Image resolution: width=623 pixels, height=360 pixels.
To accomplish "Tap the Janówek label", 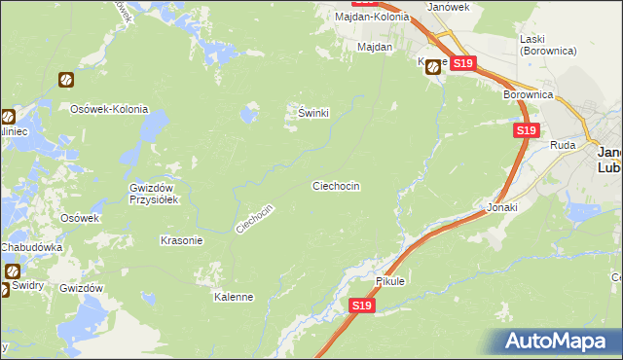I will pos(449,6).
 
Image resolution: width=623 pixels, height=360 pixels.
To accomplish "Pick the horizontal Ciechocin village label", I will pos(336,185).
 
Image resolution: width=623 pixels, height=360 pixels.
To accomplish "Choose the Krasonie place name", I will pos(181,240).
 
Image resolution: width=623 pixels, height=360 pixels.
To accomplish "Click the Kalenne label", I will pos(234,297).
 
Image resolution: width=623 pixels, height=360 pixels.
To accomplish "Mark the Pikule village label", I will pos(389,281).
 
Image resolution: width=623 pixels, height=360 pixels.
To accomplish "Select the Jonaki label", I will pos(502,207).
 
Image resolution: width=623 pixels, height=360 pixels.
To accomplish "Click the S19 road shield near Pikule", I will pos(361,306).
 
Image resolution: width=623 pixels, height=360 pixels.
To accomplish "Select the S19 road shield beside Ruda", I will pos(526,130).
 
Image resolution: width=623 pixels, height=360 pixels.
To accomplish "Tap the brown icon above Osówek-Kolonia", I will pos(65,80).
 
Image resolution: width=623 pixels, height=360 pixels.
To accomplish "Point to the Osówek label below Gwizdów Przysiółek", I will pos(81,218).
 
